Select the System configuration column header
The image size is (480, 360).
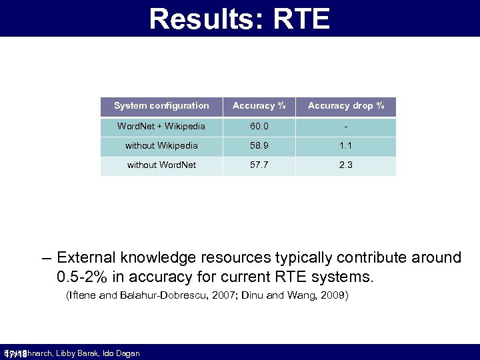tap(161, 106)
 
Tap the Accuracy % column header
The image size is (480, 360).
tap(259, 106)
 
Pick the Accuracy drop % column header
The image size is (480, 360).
tap(345, 106)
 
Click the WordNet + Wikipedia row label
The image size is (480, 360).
tap(161, 127)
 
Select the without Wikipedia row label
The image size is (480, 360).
tap(161, 145)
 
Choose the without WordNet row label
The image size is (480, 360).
tap(161, 165)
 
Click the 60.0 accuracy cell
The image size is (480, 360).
tap(259, 127)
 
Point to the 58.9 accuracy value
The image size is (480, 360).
tap(259, 145)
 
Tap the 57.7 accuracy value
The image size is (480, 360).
tap(259, 165)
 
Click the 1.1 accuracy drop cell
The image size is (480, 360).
tap(345, 145)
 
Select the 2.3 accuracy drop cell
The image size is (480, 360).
tap(345, 165)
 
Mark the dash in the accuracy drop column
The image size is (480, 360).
tap(345, 127)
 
